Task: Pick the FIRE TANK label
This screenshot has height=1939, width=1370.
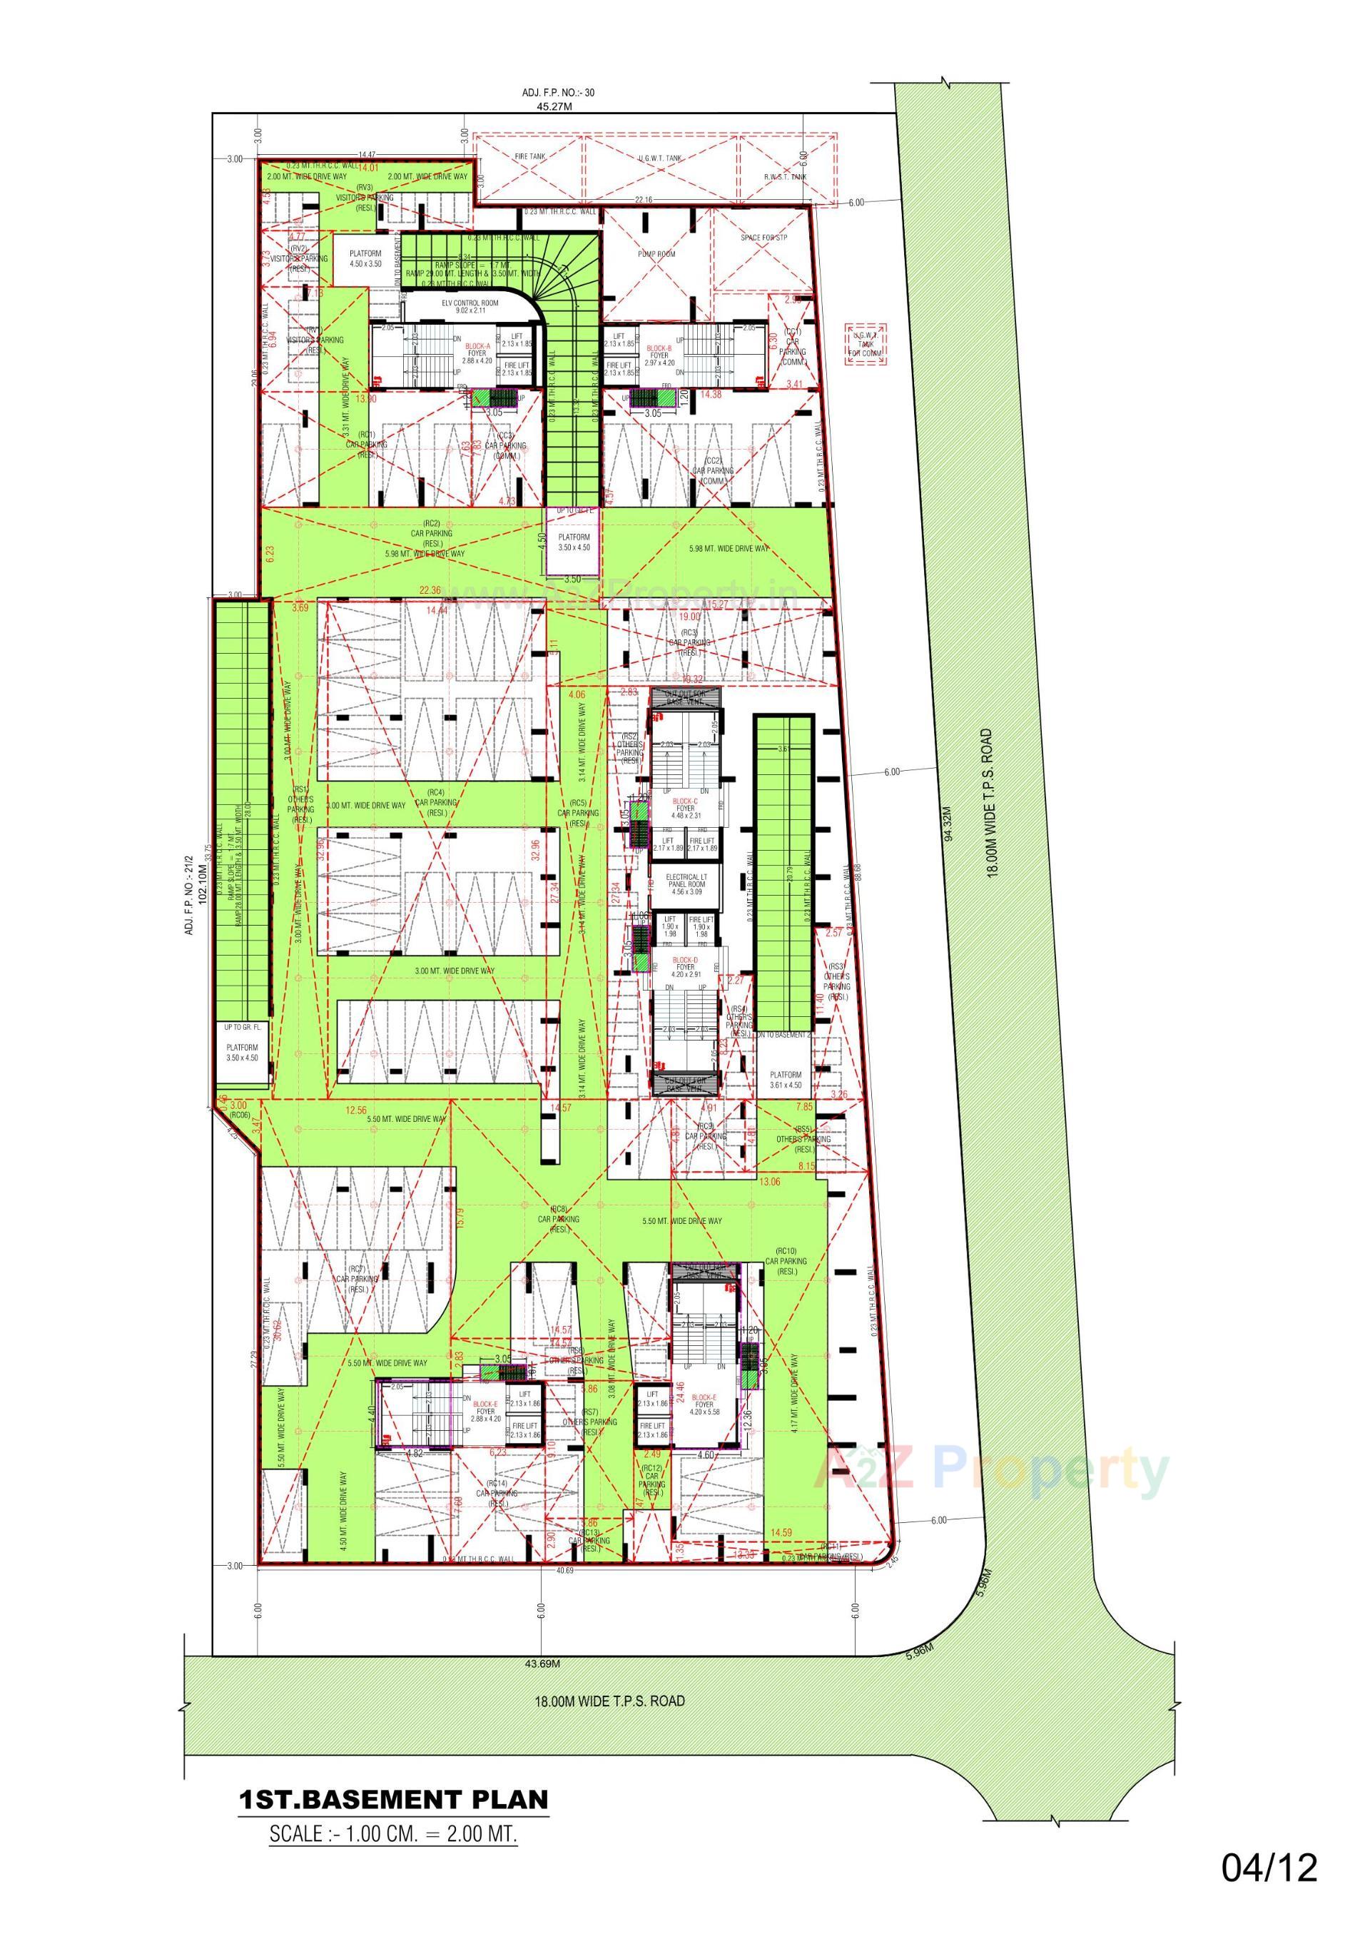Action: tap(530, 156)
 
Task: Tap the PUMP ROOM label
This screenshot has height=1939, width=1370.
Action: tap(656, 253)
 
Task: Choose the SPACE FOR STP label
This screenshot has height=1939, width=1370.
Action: tap(763, 238)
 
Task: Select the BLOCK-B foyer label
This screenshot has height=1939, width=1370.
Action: tap(659, 352)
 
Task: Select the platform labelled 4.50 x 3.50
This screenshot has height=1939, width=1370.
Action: tap(366, 258)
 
